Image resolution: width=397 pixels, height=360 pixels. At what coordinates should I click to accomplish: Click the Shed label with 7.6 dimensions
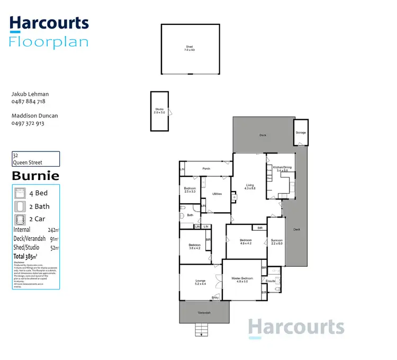click(x=190, y=49)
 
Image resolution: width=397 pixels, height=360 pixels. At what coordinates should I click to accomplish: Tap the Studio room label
click(x=159, y=112)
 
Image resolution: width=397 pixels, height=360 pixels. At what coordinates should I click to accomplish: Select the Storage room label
click(x=301, y=132)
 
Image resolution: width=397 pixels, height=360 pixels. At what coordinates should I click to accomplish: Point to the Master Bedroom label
click(x=242, y=279)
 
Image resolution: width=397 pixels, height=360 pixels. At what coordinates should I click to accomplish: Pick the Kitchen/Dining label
click(x=279, y=169)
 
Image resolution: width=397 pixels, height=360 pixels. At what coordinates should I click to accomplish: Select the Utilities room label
click(x=216, y=194)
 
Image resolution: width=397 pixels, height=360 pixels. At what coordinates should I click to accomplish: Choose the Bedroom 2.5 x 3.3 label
click(x=190, y=190)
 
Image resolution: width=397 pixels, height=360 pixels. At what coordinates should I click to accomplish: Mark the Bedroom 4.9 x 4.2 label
click(x=246, y=242)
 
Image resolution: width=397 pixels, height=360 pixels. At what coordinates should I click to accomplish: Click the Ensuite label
click(x=271, y=281)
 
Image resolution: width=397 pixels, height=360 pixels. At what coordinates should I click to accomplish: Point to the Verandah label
click(x=204, y=313)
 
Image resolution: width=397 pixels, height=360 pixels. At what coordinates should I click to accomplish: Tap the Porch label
click(x=206, y=169)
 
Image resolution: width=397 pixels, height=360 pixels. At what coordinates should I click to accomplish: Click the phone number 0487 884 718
click(x=28, y=102)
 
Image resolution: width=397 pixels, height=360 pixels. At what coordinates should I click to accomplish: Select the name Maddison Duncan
click(x=35, y=115)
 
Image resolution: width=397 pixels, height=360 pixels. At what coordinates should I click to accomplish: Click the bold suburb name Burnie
click(x=35, y=176)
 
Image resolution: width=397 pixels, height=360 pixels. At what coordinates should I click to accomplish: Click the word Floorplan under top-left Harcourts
click(x=49, y=42)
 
